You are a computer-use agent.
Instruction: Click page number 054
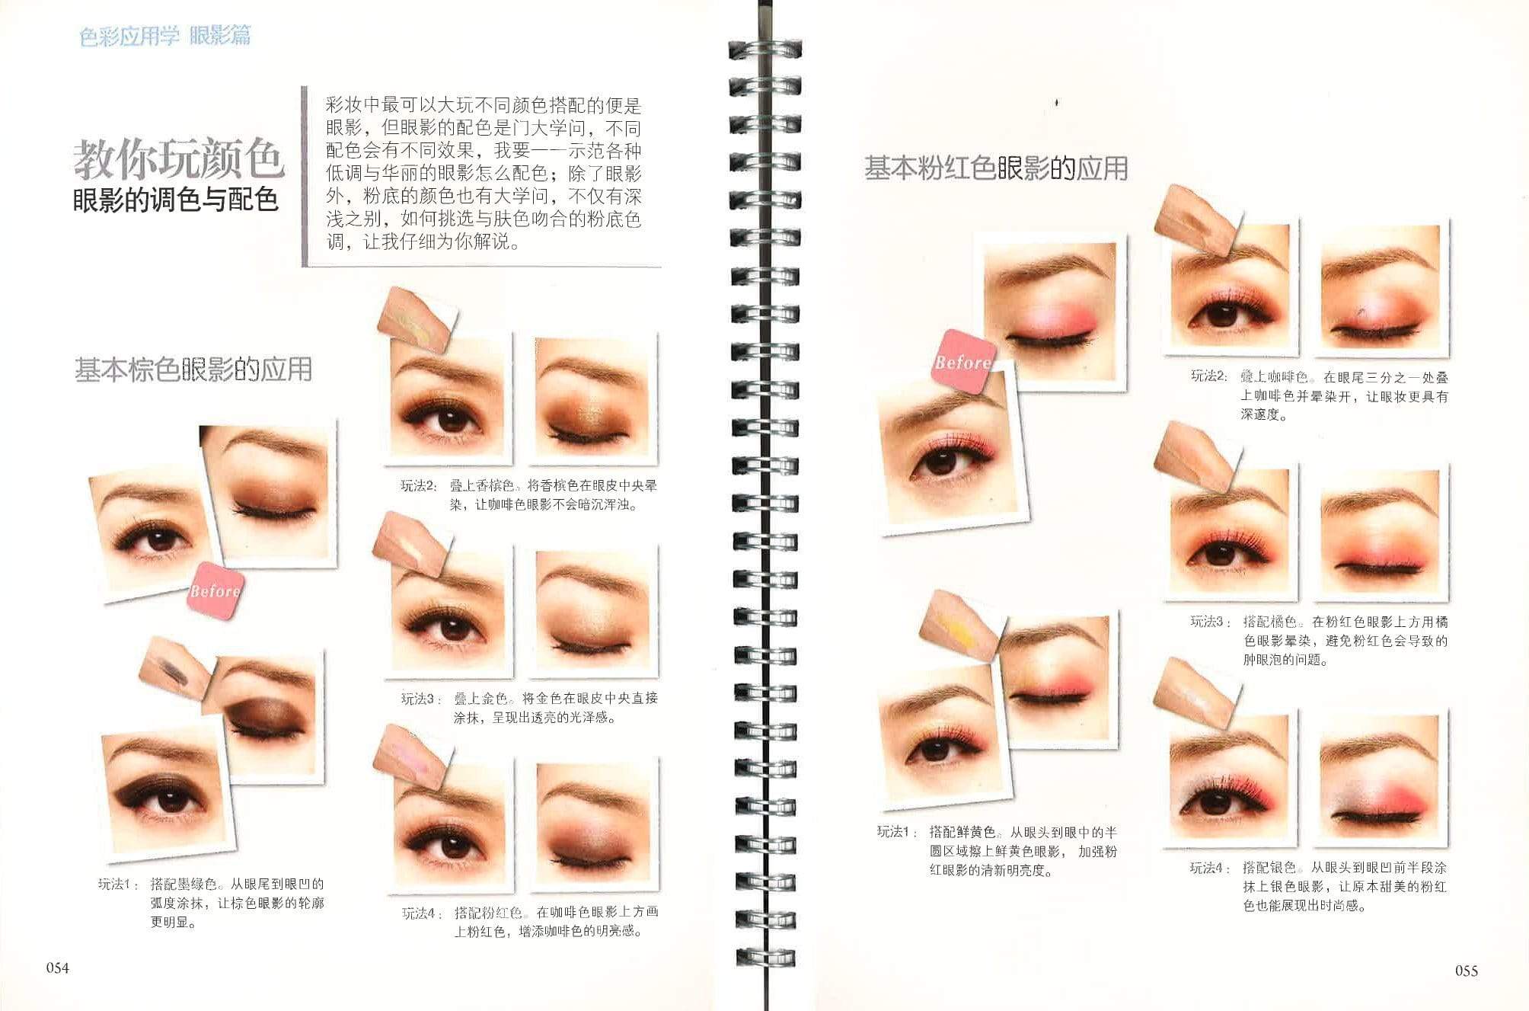coord(58,968)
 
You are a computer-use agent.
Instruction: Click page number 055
coord(1466,970)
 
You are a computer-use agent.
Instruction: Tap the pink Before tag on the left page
coord(215,590)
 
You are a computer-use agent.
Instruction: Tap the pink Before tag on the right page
coord(963,362)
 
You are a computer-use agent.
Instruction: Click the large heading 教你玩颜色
coord(179,159)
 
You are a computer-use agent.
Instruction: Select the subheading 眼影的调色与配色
coord(175,200)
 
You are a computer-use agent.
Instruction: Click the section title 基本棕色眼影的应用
coord(193,370)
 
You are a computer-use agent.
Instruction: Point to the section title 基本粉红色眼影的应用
coord(996,168)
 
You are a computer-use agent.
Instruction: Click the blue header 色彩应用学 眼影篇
coord(164,36)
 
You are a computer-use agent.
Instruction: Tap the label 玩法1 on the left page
coord(119,885)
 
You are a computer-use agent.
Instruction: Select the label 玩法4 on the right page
coord(1210,868)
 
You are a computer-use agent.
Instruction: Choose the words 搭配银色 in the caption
coord(1269,868)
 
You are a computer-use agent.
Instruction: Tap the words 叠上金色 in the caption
coord(482,698)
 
